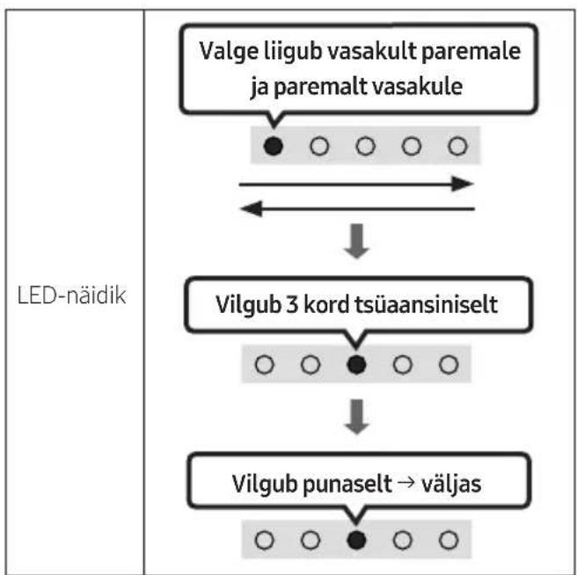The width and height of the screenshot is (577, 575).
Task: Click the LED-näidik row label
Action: (72, 295)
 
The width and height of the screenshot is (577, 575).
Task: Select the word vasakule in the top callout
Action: (418, 86)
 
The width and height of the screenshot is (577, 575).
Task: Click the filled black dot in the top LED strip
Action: (274, 146)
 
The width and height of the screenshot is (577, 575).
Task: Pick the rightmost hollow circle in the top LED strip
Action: (457, 146)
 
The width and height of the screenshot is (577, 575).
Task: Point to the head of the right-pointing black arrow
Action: (463, 184)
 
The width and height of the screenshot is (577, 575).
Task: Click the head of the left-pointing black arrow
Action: (252, 208)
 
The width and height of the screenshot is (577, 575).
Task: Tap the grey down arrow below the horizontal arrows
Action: (356, 241)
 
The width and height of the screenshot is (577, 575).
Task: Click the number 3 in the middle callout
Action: (292, 304)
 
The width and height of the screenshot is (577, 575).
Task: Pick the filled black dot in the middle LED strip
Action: (356, 365)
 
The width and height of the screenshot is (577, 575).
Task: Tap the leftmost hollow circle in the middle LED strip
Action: (265, 365)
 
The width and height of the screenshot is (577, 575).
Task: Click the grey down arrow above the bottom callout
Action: (356, 417)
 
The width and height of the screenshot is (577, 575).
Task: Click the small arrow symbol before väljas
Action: (406, 483)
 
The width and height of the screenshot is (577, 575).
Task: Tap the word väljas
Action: (451, 484)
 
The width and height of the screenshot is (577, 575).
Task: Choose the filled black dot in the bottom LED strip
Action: (356, 540)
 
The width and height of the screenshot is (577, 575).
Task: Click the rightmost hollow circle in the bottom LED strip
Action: (449, 540)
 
